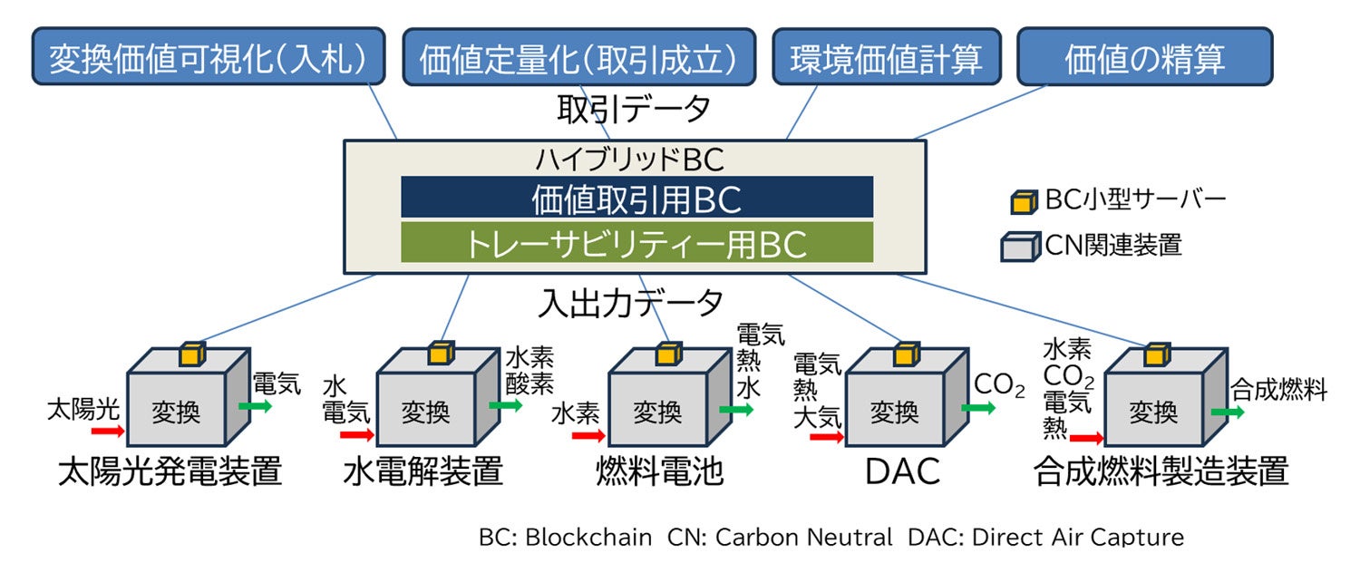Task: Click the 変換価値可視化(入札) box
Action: [x=207, y=57]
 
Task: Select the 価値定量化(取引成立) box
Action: [x=578, y=57]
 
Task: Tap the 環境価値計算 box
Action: [x=886, y=57]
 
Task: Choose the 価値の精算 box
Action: [x=1144, y=57]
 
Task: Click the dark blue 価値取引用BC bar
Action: [x=636, y=198]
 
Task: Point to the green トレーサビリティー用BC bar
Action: [x=636, y=243]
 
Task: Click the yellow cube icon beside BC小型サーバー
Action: [x=1023, y=201]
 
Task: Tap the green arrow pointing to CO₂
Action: [x=977, y=408]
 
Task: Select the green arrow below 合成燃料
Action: [x=1228, y=413]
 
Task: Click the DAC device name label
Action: [x=902, y=471]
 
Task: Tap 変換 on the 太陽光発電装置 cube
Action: [x=177, y=413]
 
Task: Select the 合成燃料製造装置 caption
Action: [x=1161, y=471]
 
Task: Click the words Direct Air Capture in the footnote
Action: [x=1077, y=537]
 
